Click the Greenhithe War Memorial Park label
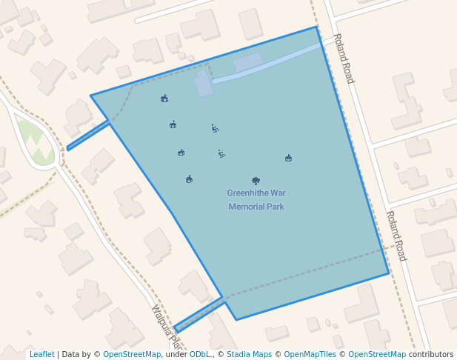256,200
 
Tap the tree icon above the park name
256,180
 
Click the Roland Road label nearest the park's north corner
344,58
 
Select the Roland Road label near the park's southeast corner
396,236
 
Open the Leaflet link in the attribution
41,355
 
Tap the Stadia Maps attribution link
249,355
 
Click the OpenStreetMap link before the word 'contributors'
377,355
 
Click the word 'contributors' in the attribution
431,355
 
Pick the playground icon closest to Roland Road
288,158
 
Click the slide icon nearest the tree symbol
221,153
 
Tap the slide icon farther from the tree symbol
214,128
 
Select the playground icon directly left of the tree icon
189,179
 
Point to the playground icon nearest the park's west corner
164,99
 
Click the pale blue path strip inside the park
267,62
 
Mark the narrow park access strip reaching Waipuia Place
199,315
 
